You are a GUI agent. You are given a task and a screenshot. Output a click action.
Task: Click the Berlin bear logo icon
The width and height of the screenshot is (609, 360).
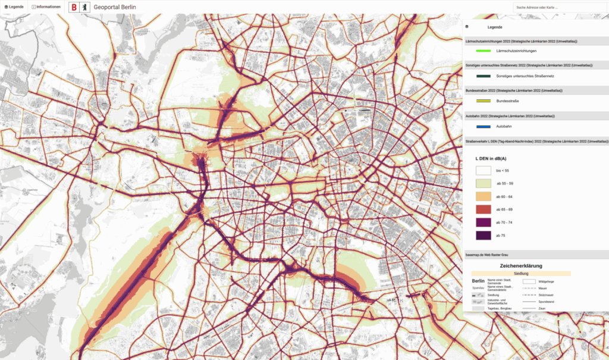pos(86,8)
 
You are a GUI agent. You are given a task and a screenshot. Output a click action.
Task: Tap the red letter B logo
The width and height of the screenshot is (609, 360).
pos(74,8)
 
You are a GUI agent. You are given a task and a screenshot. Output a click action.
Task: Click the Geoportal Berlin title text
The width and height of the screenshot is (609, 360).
pos(115,8)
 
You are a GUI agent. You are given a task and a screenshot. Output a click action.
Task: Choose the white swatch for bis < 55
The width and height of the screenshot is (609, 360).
pos(483,171)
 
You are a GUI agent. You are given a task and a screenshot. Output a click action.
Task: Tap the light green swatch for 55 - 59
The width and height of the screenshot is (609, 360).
pos(483,183)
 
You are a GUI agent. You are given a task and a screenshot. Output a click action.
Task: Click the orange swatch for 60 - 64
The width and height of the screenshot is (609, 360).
pos(483,196)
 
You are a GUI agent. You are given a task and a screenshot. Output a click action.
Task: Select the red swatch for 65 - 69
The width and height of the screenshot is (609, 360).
pos(483,209)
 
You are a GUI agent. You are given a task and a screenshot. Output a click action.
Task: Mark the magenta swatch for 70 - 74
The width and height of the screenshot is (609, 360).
pos(483,223)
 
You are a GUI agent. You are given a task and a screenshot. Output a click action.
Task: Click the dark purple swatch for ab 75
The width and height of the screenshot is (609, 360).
pos(483,236)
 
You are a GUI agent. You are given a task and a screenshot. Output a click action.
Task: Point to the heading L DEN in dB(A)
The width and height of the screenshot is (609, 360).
pos(492,159)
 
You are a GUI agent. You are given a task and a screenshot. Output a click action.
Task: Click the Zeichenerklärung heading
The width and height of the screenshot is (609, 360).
pos(521,265)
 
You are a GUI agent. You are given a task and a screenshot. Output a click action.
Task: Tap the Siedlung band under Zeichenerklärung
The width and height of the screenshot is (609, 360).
pos(521,273)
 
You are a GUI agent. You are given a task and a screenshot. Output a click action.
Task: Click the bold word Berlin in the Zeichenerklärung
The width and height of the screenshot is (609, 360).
pos(478,281)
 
